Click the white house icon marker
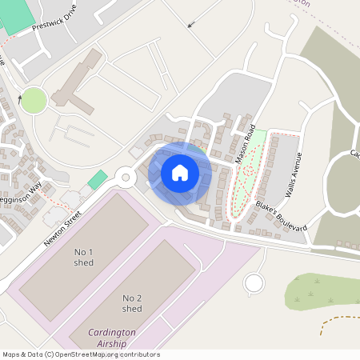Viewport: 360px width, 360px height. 180,173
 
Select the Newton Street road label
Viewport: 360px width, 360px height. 62,227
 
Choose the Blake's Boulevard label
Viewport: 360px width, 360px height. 281,217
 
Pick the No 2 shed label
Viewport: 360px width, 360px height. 132,303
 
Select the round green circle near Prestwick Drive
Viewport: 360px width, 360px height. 34,101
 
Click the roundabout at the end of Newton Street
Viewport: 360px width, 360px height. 125,177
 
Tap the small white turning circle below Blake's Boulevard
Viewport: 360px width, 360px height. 254,282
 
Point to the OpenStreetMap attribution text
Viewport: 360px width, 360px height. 80,354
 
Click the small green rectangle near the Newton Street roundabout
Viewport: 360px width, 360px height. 97,180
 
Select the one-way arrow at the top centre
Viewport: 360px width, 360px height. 190,24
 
